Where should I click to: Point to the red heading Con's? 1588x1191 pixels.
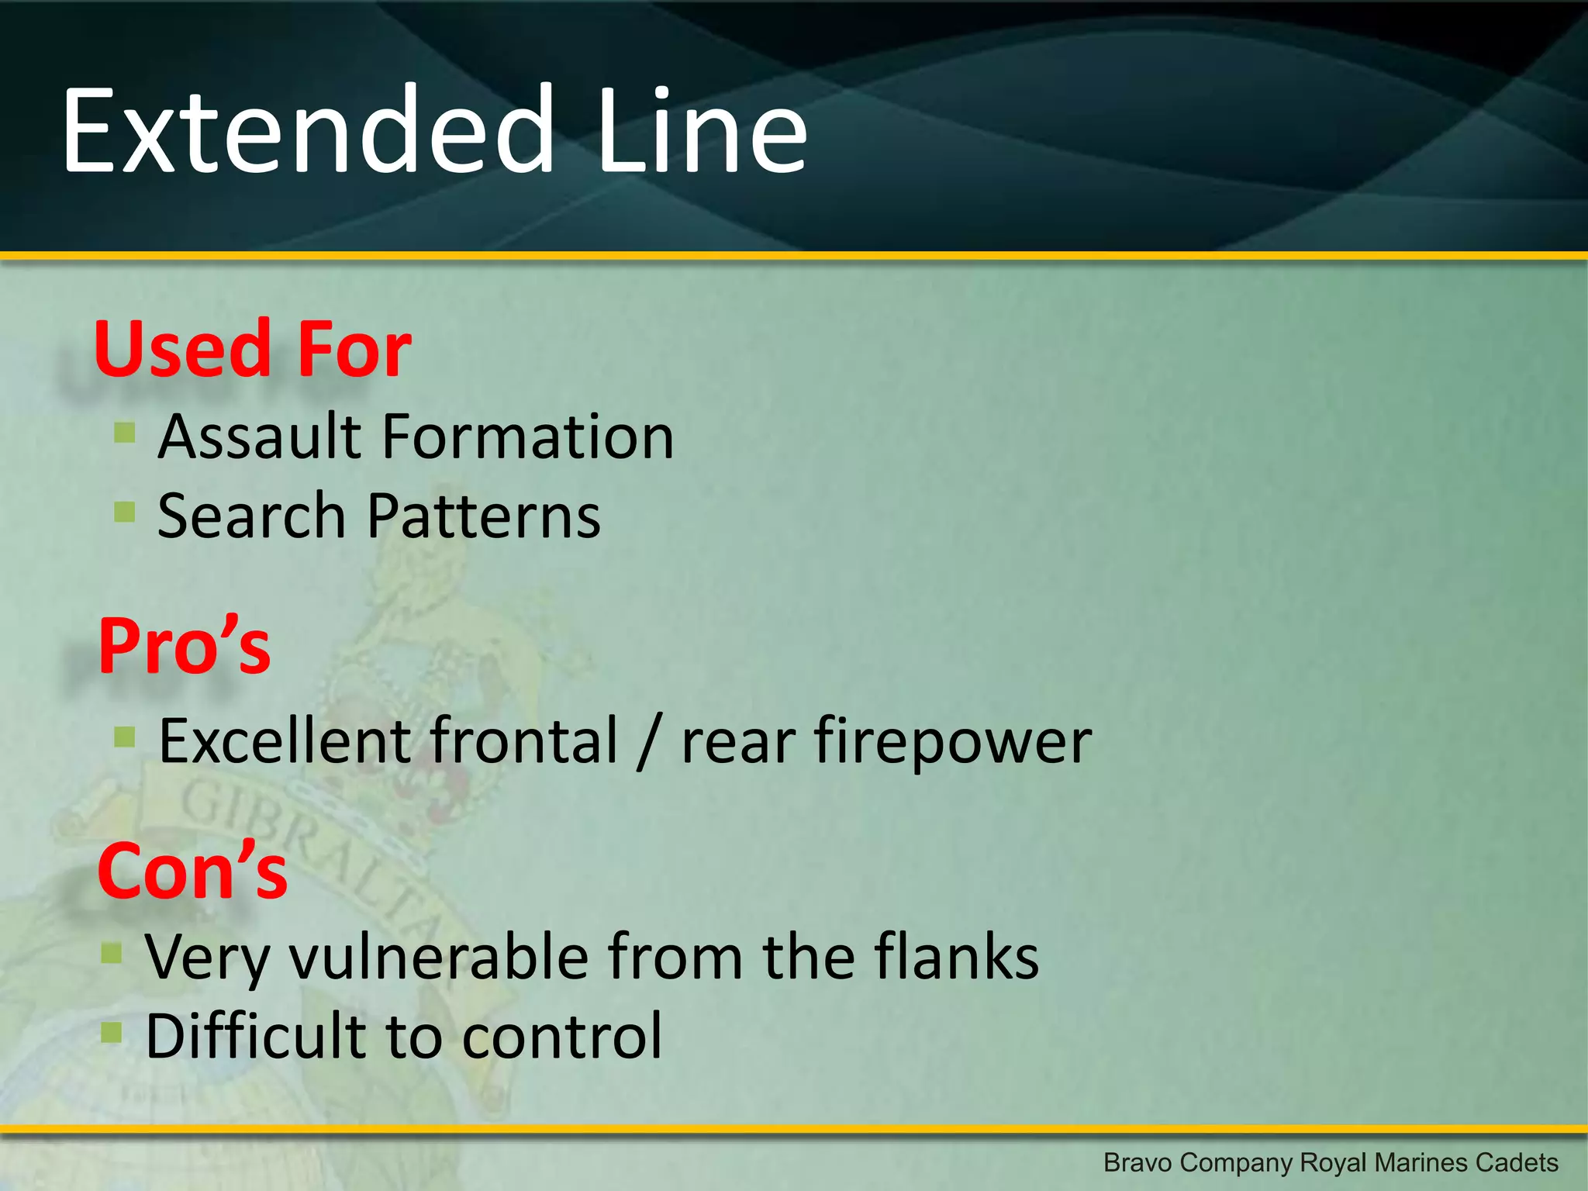pos(192,872)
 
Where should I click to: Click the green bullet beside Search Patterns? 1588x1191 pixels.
pos(124,511)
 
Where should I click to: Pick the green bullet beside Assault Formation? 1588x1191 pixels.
pos(124,431)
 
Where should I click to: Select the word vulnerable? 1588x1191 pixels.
pos(439,958)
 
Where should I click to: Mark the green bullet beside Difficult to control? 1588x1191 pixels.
pos(112,1032)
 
